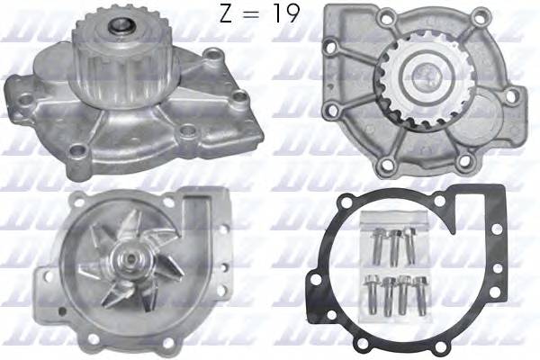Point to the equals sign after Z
pyautogui.click(x=255, y=16)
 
